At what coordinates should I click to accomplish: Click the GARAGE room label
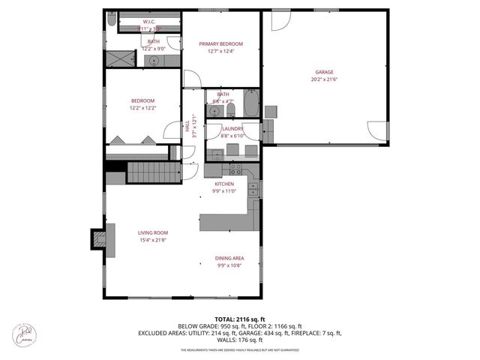coord(324,73)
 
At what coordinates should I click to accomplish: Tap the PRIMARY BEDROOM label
coord(220,44)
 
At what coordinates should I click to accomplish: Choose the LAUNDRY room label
coord(232,129)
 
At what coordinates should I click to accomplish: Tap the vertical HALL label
coord(187,130)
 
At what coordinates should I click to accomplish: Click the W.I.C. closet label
coord(148,22)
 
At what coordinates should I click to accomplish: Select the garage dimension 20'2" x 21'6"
coord(324,79)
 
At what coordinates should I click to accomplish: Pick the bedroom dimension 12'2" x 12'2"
coord(142,108)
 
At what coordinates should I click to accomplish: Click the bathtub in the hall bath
coord(251,104)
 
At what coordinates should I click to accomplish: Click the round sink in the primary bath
coord(154,60)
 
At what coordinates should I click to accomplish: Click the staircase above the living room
coord(154,172)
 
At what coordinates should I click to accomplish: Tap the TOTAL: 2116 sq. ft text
coord(240,319)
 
